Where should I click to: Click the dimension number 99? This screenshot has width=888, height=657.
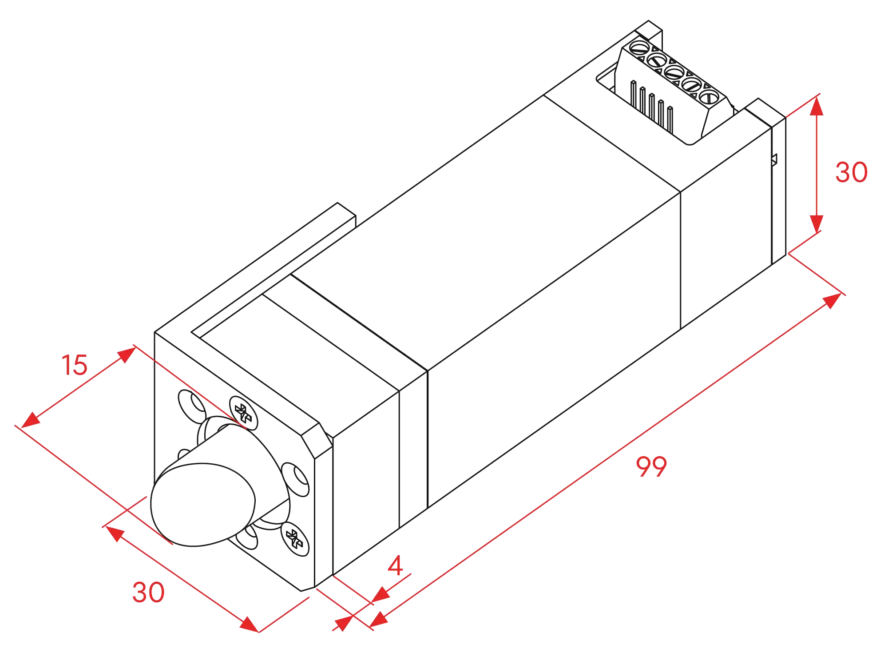coord(651,466)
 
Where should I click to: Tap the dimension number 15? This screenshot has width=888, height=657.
coord(75,365)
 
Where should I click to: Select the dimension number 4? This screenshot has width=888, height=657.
coord(395,565)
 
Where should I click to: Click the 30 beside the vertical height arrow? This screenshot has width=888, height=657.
coord(851,172)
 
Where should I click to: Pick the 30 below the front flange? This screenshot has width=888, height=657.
coord(148,592)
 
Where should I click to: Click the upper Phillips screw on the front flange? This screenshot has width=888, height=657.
coord(243,413)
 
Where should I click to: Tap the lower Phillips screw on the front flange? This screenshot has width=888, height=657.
coord(295,539)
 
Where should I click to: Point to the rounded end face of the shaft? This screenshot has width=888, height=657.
coord(203,505)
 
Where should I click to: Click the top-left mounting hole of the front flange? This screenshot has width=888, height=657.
coord(192,406)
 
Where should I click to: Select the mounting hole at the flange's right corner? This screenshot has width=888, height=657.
coord(296,479)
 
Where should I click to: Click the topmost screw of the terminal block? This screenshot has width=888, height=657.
coord(640,47)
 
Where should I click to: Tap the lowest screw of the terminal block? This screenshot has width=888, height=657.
coord(709,96)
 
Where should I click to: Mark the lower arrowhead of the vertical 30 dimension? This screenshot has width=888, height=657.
coord(817,224)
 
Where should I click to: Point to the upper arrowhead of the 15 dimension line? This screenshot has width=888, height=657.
coord(127,355)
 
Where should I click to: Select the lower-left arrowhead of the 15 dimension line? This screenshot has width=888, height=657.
coord(31,420)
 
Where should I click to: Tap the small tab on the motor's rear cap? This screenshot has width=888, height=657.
coord(775,159)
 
